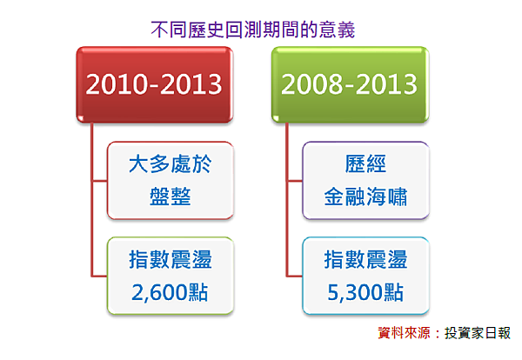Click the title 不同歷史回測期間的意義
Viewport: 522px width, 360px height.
(252, 30)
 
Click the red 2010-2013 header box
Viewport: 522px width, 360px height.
(154, 84)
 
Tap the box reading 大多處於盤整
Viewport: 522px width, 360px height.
(170, 180)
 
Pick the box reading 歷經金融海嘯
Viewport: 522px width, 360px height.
(365, 180)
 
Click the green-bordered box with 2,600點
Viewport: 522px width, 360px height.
(170, 275)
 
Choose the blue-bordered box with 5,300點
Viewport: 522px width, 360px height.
(365, 275)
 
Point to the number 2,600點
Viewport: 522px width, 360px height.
(170, 291)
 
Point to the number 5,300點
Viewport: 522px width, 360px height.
(365, 291)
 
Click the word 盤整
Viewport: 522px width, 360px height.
(170, 197)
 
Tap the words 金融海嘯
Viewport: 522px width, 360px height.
(365, 197)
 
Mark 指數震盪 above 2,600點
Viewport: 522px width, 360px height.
(170, 259)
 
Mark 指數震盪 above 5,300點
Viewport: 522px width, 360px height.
(365, 259)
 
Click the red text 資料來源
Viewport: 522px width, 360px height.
(406, 332)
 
